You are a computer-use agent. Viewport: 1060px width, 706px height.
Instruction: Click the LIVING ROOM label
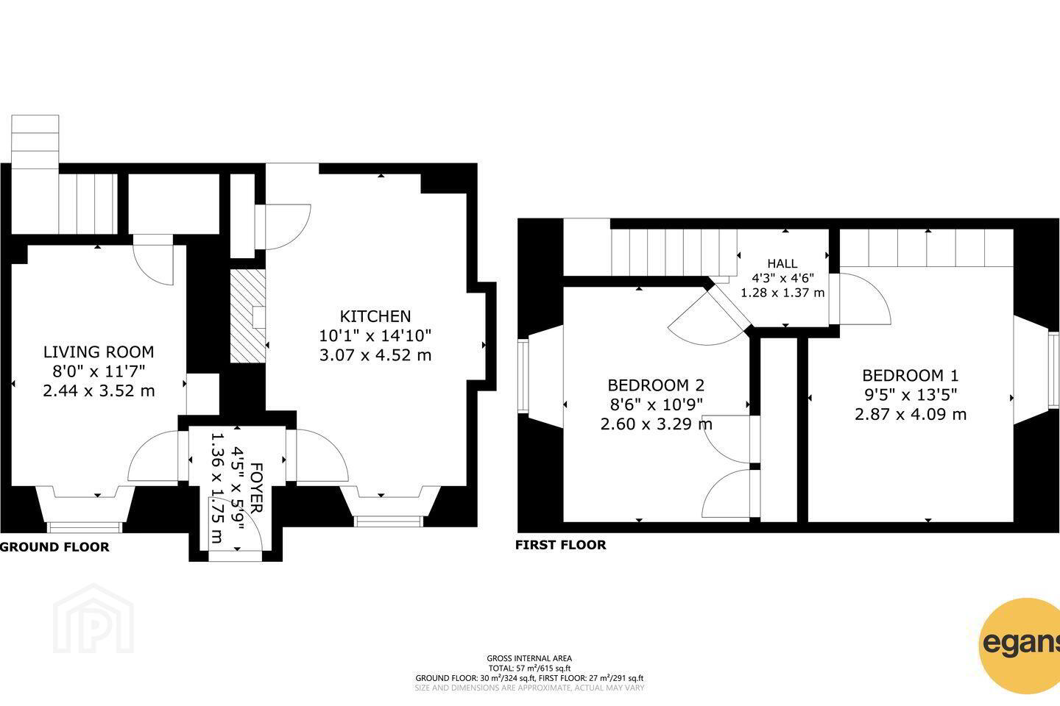tap(99, 352)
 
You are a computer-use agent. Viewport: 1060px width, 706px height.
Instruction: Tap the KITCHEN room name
tap(375, 316)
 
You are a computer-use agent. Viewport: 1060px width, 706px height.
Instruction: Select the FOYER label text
tap(255, 488)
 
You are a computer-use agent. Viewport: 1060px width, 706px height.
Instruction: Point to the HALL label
tap(782, 263)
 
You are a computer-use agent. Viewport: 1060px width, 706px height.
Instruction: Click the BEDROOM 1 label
tap(911, 376)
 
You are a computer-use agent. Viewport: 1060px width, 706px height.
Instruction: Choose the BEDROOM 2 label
tap(656, 385)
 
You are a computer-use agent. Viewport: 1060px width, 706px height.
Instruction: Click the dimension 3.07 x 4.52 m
tap(375, 355)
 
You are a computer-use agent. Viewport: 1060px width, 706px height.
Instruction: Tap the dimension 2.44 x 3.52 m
tap(99, 391)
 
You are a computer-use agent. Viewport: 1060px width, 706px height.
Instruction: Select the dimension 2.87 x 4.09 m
tap(911, 414)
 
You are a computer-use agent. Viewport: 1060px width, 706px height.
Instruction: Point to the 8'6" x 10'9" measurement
tap(656, 404)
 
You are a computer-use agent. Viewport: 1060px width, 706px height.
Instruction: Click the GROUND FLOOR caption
tap(55, 547)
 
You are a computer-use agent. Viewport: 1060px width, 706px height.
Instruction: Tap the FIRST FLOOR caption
tap(561, 545)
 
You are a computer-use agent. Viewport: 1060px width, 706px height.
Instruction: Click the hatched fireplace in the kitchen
tap(247, 316)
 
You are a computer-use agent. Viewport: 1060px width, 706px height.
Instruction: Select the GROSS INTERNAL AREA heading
tap(529, 658)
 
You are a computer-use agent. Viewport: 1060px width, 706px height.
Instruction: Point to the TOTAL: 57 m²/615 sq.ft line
tap(529, 668)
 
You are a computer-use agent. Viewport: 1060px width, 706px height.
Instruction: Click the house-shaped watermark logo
tap(93, 618)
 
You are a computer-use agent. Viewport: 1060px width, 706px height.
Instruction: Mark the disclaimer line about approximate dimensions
tap(529, 688)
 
